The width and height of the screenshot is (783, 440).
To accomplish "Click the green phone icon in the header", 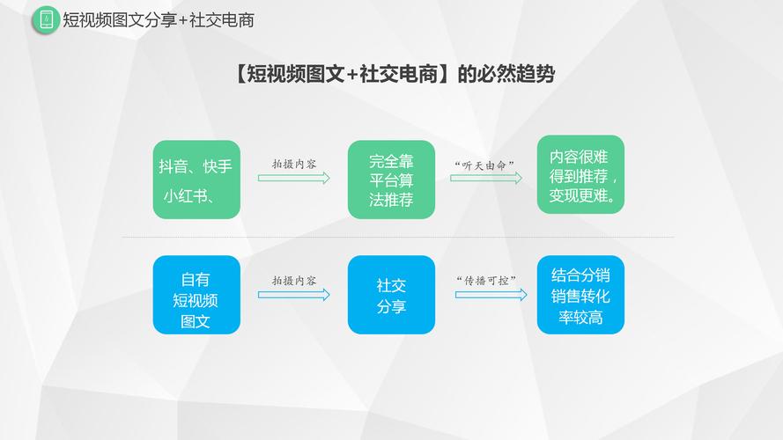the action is tap(46, 20).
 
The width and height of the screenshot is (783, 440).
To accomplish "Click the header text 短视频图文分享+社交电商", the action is tap(159, 20).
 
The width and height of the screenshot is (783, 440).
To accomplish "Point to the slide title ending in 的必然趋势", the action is tap(395, 74).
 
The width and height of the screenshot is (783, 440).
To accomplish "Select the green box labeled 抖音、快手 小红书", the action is tap(196, 180).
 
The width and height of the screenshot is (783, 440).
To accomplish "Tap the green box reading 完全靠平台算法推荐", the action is tap(391, 180).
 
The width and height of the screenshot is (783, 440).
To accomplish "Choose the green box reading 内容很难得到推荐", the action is tap(580, 174).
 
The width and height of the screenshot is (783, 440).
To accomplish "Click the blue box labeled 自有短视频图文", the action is tap(196, 295).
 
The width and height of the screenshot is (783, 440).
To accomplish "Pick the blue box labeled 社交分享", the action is tap(391, 295).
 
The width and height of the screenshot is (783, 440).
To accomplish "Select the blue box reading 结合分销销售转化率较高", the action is tap(580, 295).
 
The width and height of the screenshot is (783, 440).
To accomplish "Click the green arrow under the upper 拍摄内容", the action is tap(293, 178).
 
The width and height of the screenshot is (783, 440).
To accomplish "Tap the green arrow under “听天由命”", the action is tap(486, 178).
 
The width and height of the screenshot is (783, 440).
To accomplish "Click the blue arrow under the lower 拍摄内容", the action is tap(293, 295).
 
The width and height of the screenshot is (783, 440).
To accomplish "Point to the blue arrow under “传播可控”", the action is tap(491, 295).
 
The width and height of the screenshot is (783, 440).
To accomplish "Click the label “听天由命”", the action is tap(484, 165).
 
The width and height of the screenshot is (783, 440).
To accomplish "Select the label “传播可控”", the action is tap(486, 281).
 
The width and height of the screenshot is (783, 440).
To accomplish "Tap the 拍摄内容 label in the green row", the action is tap(293, 165).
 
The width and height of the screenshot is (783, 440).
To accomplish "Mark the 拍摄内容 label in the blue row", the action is tap(293, 281).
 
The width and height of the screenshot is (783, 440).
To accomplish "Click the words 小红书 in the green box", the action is tap(185, 196).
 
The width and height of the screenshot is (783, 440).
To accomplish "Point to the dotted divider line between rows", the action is tap(397, 238).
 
